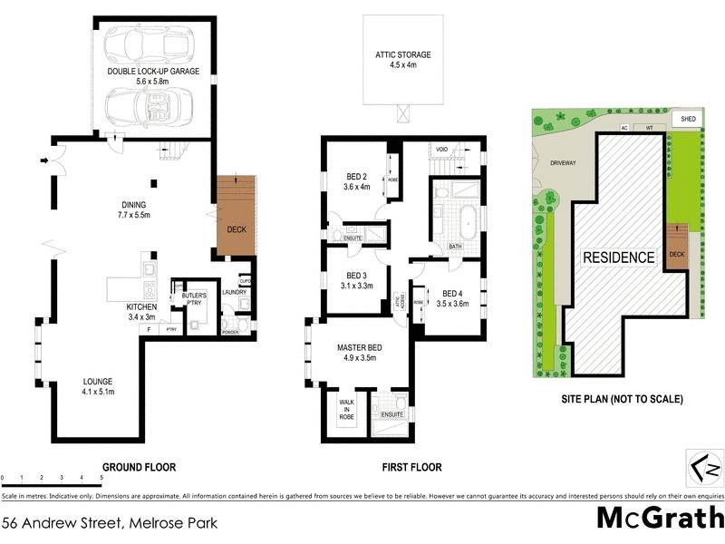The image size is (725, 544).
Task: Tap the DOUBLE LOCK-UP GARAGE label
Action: click(153, 71)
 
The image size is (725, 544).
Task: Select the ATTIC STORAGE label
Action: click(403, 54)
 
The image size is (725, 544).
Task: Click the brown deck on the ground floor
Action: click(235, 216)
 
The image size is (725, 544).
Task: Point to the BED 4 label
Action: click(453, 293)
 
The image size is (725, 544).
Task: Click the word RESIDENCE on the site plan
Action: click(618, 257)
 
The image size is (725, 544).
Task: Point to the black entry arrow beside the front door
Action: click(43, 162)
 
